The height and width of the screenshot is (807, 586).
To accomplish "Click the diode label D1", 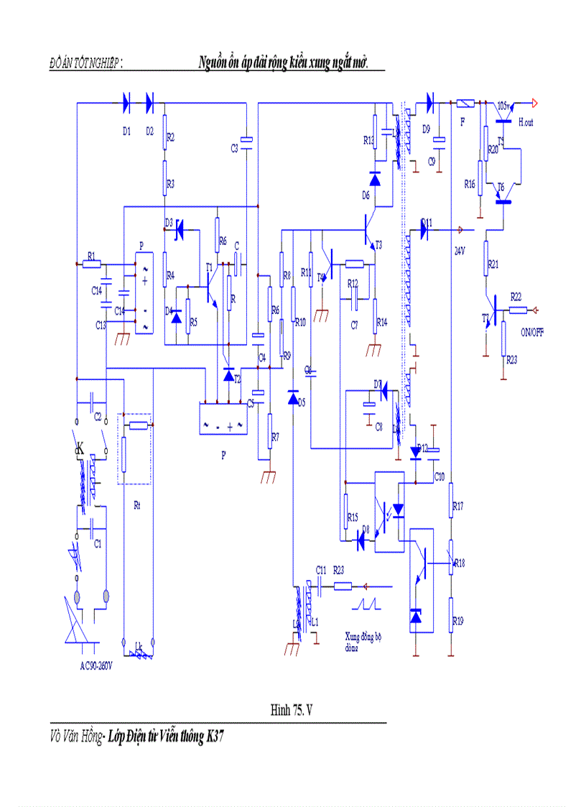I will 127,131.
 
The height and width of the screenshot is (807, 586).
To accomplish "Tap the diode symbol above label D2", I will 149,103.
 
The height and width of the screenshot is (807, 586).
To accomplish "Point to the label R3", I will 170,185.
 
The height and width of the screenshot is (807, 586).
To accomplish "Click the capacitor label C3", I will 234,148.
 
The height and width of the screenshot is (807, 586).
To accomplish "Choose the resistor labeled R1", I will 91,264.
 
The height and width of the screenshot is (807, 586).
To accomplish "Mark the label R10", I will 301,323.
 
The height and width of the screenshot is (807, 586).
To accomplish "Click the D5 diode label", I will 301,402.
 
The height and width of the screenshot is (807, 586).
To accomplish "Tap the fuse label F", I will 462,122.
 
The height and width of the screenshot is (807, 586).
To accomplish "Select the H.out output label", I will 526,123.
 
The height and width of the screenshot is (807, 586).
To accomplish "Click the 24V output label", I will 460,252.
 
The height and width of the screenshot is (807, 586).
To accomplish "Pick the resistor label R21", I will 493,265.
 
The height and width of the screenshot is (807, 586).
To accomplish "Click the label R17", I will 458,506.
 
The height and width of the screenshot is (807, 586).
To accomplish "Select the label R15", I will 352,517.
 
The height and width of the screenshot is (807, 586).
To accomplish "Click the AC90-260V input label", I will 101,665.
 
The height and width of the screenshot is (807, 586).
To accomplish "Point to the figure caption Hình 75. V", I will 292,710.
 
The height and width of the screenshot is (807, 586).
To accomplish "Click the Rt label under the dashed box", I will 137,505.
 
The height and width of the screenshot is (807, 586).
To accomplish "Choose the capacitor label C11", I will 321,569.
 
